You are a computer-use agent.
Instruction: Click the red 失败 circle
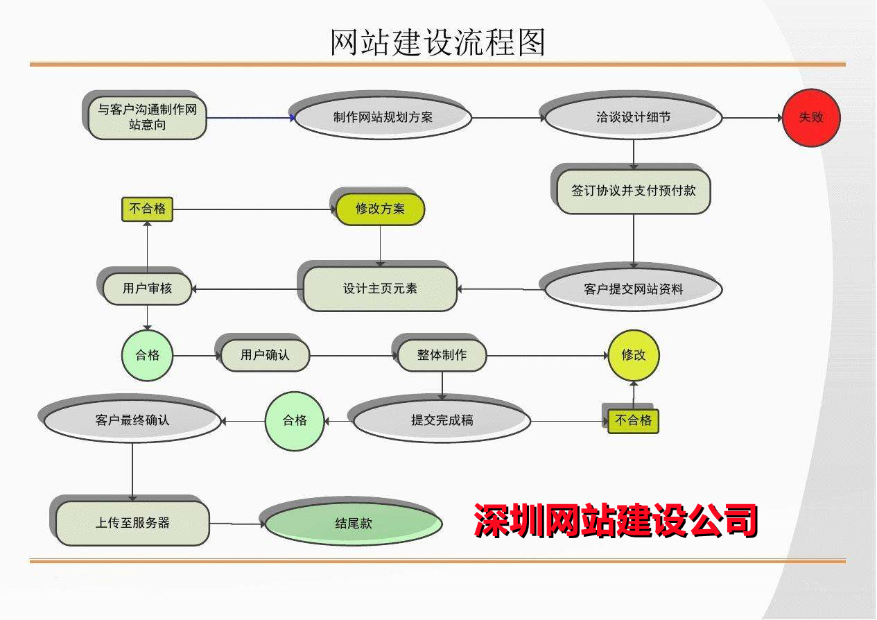click(811, 118)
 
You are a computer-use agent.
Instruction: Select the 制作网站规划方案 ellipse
click(383, 118)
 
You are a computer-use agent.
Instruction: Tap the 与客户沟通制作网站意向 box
click(148, 117)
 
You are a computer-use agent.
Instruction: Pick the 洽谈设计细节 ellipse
click(634, 118)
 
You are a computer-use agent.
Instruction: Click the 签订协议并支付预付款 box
click(634, 191)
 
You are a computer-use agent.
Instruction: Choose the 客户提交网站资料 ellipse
click(634, 289)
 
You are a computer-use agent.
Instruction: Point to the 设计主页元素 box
click(381, 289)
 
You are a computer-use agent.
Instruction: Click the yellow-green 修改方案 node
click(380, 209)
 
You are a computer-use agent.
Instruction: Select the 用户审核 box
click(147, 288)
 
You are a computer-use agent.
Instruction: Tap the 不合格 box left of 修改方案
click(147, 209)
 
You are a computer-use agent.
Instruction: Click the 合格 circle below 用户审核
click(147, 355)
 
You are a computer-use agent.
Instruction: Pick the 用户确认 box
click(265, 355)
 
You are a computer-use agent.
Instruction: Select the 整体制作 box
click(442, 355)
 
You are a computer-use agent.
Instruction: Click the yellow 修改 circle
click(634, 355)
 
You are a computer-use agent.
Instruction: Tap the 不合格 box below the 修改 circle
click(634, 420)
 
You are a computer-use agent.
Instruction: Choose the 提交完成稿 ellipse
click(442, 420)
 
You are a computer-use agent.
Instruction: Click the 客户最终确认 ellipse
click(132, 420)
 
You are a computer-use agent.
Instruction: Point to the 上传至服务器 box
click(132, 523)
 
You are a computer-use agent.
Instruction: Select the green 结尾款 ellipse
click(354, 524)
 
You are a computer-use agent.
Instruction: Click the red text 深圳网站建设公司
click(616, 520)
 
